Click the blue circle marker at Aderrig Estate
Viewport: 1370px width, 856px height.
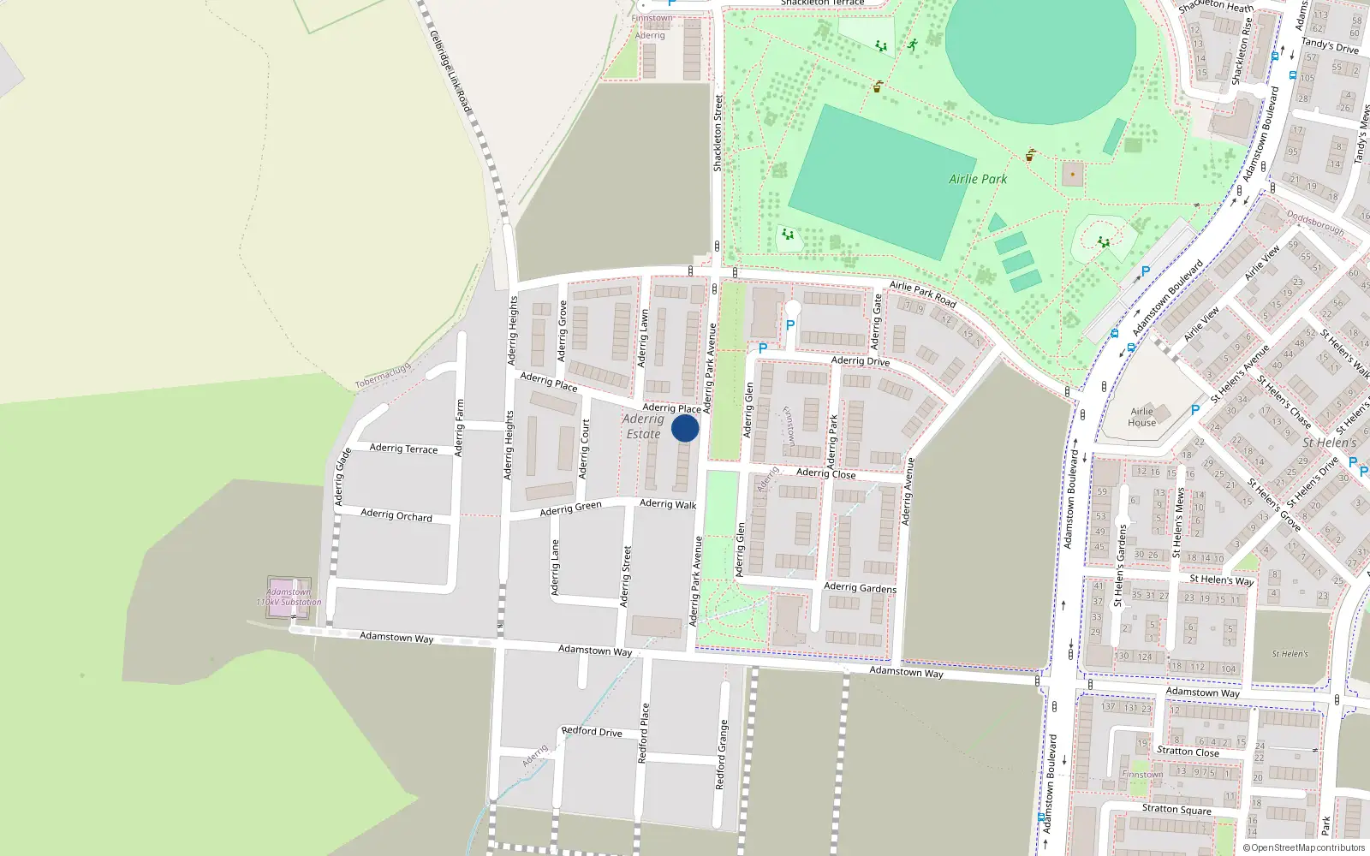[x=685, y=428]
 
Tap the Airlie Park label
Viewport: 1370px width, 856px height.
[x=978, y=179]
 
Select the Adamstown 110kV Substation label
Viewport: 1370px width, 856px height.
[x=289, y=597]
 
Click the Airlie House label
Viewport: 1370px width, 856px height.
[x=1141, y=417]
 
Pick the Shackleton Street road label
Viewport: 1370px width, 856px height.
[x=718, y=133]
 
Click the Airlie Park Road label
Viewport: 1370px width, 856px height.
[x=922, y=294]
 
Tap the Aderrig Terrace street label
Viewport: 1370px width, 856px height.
[x=403, y=448]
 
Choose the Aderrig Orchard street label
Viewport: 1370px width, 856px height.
[x=396, y=514]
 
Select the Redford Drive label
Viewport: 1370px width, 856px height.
[x=592, y=731]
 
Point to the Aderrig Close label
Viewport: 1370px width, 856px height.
[x=825, y=473]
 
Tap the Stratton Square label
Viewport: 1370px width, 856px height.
[x=1176, y=809]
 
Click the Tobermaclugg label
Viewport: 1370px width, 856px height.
[x=383, y=376]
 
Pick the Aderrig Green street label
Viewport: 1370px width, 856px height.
[x=570, y=508]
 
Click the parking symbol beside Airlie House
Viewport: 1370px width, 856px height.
[x=1195, y=410]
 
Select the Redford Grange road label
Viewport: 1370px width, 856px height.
[x=721, y=754]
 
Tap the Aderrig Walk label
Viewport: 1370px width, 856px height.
[x=668, y=503]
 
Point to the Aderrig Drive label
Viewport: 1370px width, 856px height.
[x=861, y=360]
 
